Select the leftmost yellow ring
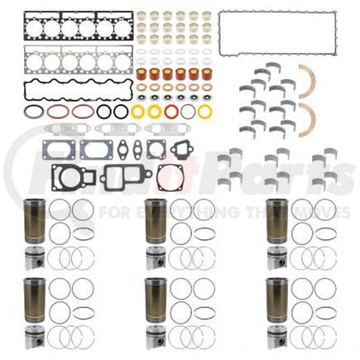coord(139,110)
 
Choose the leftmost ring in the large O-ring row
coord(33,111)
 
